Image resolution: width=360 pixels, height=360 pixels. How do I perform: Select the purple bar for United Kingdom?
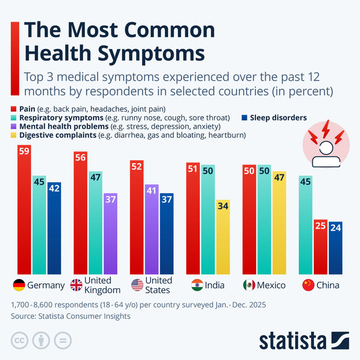[111, 233]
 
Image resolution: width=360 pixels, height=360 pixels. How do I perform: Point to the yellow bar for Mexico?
[279, 223]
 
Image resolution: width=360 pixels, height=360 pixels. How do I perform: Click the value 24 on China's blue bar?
[336, 228]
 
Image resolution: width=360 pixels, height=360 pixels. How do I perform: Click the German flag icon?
[18, 285]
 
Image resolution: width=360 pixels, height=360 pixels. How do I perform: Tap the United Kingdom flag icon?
[77, 285]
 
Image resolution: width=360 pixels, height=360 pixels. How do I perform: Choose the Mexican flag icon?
[248, 285]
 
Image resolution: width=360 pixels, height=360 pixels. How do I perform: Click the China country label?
[328, 285]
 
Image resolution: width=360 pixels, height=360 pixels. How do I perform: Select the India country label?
[214, 285]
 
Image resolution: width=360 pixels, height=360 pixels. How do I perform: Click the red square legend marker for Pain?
[14, 109]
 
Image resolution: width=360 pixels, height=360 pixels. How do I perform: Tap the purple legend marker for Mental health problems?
[14, 126]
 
